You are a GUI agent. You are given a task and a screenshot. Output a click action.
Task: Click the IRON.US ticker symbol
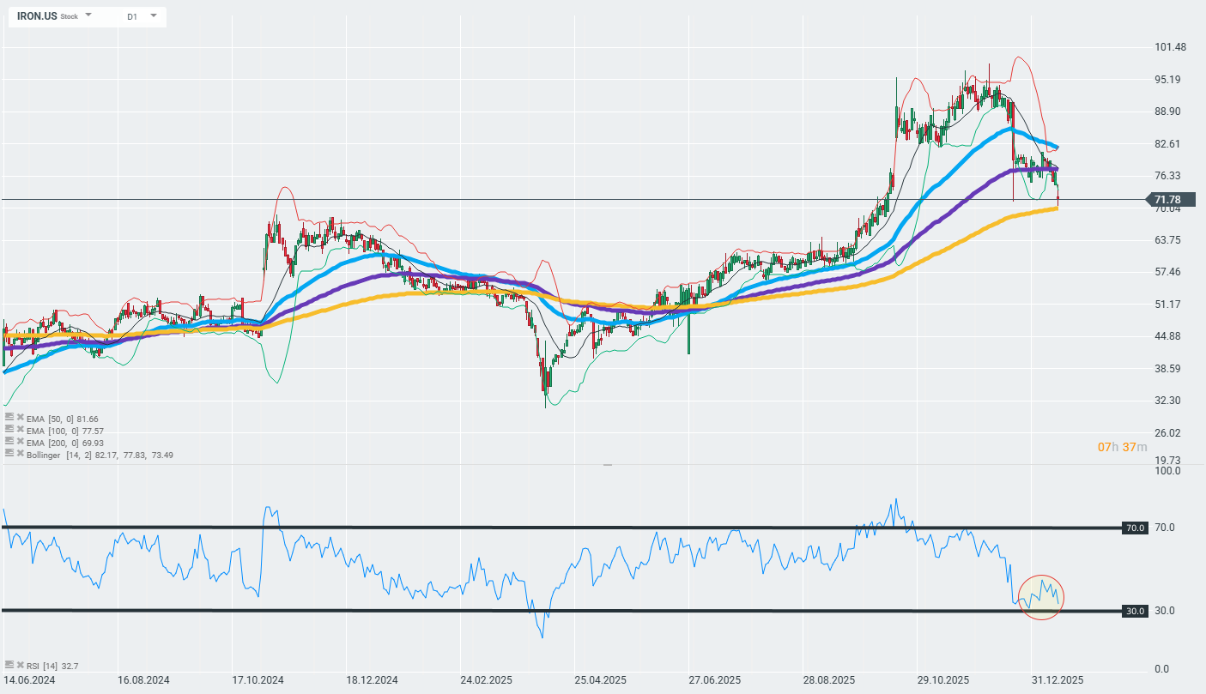[x=37, y=16]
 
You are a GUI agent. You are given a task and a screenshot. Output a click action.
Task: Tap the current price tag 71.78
[x=1168, y=200]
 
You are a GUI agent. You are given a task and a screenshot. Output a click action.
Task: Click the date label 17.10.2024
[x=258, y=679]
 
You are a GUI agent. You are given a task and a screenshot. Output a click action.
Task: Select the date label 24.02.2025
[x=487, y=679]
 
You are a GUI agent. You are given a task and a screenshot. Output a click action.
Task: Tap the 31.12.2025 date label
[x=1057, y=679]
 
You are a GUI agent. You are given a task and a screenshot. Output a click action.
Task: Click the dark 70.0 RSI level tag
[x=1135, y=528]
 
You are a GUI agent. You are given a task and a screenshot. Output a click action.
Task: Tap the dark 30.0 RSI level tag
[x=1135, y=611]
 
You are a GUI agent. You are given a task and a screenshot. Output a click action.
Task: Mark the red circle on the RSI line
[x=1039, y=597]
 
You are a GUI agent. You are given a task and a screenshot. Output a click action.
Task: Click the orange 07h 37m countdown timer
[x=1122, y=447]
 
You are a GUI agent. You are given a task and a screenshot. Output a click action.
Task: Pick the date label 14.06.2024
[x=30, y=679]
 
